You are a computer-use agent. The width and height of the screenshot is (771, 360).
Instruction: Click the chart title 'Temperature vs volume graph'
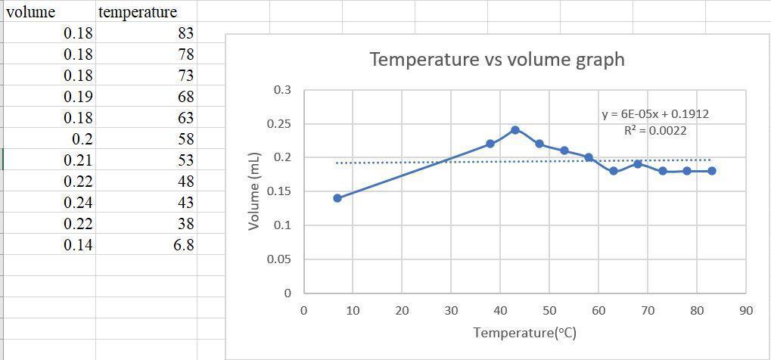tap(497, 60)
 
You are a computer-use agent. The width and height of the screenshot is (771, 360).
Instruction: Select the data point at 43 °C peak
tap(515, 130)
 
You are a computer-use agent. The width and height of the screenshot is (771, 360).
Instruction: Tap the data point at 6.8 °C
tap(337, 198)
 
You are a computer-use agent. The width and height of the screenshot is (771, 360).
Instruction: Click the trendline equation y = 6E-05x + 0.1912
tap(655, 114)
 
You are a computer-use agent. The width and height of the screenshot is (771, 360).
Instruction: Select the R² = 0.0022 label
tap(655, 130)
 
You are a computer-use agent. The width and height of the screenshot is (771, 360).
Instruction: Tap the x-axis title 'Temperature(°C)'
tap(525, 332)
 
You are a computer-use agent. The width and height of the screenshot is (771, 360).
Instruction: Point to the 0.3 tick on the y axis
tap(281, 90)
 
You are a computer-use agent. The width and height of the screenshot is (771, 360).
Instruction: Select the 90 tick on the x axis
tap(746, 310)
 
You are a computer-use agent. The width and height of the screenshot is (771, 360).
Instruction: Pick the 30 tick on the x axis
tap(451, 310)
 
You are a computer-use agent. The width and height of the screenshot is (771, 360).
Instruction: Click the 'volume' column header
tap(30, 12)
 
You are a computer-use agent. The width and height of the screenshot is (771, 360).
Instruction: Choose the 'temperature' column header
tap(138, 12)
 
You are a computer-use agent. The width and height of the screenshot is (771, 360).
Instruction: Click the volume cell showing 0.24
tap(78, 203)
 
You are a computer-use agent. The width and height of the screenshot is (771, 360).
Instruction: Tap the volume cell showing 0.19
tap(78, 97)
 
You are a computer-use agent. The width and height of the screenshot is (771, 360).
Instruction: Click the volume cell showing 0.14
tap(78, 245)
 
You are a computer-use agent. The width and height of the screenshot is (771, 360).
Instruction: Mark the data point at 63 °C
tap(614, 171)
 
